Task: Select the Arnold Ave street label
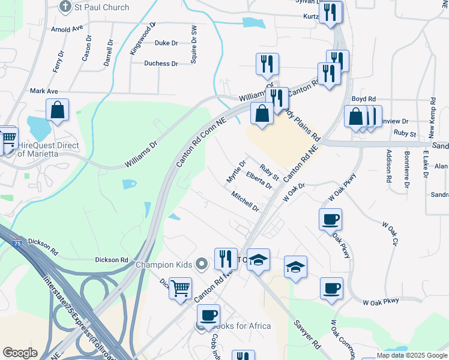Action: click(x=67, y=29)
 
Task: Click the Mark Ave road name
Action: click(x=44, y=91)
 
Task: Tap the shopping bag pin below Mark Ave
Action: click(x=57, y=110)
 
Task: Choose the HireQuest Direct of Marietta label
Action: click(x=49, y=149)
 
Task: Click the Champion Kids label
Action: click(x=163, y=265)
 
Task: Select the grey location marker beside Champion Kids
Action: click(x=202, y=263)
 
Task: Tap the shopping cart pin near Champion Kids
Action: click(x=180, y=289)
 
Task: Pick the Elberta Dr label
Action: click(x=259, y=179)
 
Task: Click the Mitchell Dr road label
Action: click(x=245, y=202)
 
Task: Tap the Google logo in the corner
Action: click(x=20, y=353)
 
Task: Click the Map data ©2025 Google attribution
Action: click(x=411, y=355)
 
